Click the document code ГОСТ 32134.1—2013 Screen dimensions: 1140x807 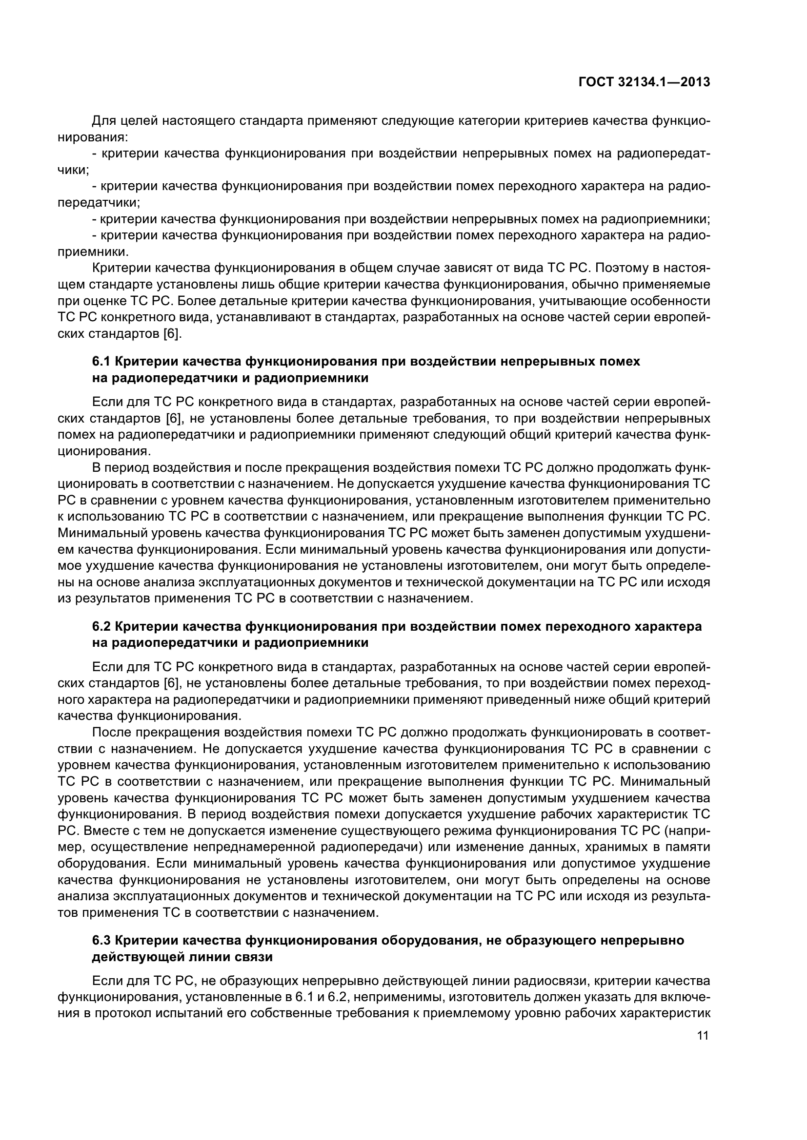tap(644, 82)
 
